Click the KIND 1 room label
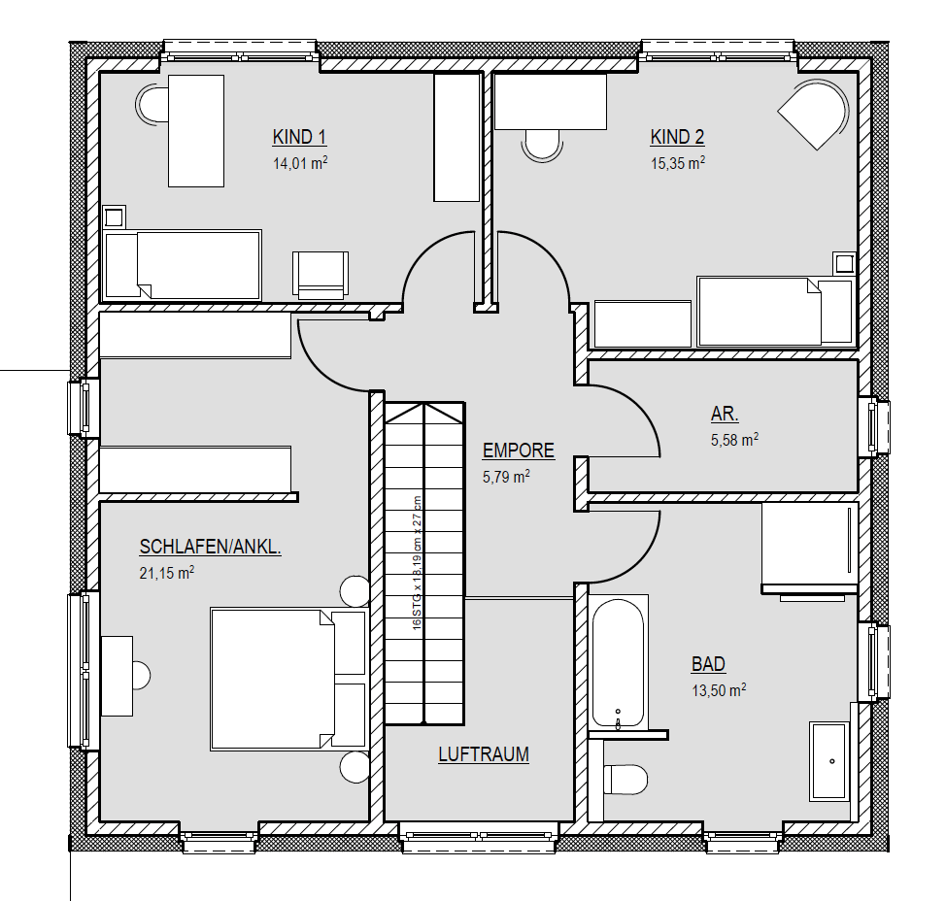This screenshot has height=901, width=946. (299, 137)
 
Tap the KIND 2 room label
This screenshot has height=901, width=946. (677, 137)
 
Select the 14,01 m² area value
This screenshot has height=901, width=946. (299, 164)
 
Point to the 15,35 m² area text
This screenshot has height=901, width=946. (677, 164)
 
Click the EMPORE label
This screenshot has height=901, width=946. (519, 450)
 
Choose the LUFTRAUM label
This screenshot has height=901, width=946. (483, 754)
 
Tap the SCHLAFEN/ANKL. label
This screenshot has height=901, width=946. (211, 548)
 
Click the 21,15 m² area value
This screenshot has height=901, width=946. (167, 574)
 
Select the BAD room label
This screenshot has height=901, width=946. (708, 665)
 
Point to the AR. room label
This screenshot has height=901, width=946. (725, 414)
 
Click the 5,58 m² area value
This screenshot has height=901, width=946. (734, 440)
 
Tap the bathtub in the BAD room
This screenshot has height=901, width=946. (618, 663)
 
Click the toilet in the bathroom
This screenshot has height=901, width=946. (626, 780)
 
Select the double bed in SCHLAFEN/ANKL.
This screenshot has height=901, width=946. (287, 679)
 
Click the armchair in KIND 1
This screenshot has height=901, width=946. (320, 274)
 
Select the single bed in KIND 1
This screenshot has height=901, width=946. (183, 265)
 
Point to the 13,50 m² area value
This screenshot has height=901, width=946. (718, 691)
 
